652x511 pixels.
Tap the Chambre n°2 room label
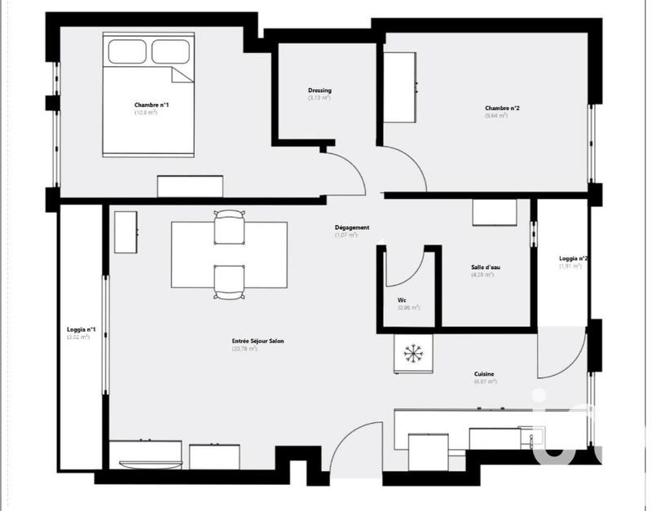502,108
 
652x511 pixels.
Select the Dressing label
319,90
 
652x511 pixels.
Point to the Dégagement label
352,227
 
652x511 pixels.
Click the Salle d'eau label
482,268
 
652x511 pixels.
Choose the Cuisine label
484,374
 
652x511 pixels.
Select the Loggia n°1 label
81,329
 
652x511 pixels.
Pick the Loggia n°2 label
574,258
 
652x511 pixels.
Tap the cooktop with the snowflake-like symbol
413,355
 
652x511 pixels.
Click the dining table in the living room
229,253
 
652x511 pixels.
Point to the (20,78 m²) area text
244,349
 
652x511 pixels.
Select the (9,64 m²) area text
496,116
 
